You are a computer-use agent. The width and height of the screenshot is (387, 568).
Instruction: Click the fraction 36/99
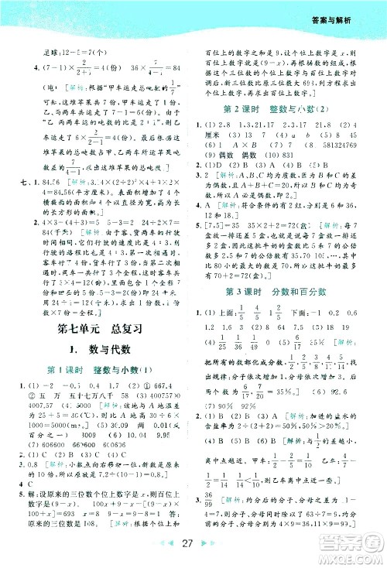[210, 518]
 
